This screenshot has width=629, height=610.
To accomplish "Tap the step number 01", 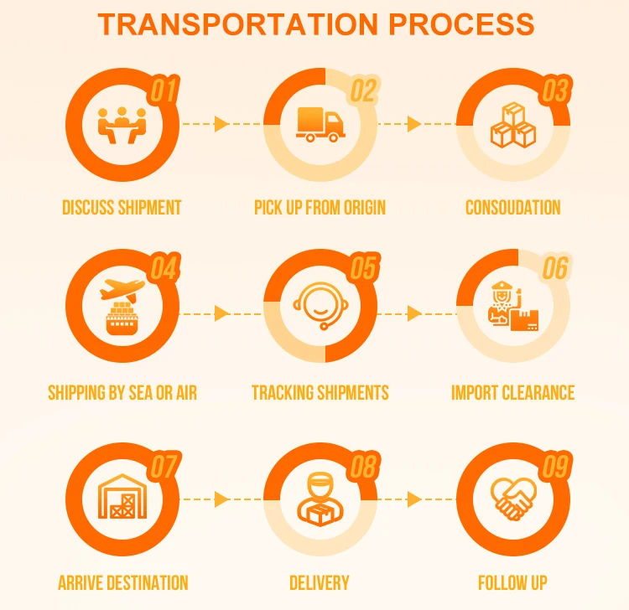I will (x=164, y=90).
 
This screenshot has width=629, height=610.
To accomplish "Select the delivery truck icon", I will (x=320, y=125).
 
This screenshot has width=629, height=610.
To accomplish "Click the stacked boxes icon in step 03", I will (x=512, y=126).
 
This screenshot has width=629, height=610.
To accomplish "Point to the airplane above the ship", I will (x=122, y=290).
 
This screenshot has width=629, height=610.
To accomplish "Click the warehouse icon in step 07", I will (x=122, y=499).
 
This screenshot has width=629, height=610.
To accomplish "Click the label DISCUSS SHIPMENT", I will (x=122, y=207).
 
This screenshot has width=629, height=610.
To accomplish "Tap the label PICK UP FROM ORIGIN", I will (x=320, y=207).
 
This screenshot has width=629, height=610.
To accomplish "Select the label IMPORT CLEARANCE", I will (x=512, y=392).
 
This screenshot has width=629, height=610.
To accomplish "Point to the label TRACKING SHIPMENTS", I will (x=320, y=392).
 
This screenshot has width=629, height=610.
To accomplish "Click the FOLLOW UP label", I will (x=512, y=582).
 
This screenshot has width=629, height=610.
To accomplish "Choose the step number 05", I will (x=363, y=269).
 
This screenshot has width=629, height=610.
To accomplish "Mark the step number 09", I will (x=555, y=467).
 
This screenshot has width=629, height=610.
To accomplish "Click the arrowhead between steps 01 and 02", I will (x=221, y=124).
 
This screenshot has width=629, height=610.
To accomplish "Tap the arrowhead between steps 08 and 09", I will (x=414, y=499).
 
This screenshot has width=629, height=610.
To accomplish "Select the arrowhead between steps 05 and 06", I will (x=414, y=313).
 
